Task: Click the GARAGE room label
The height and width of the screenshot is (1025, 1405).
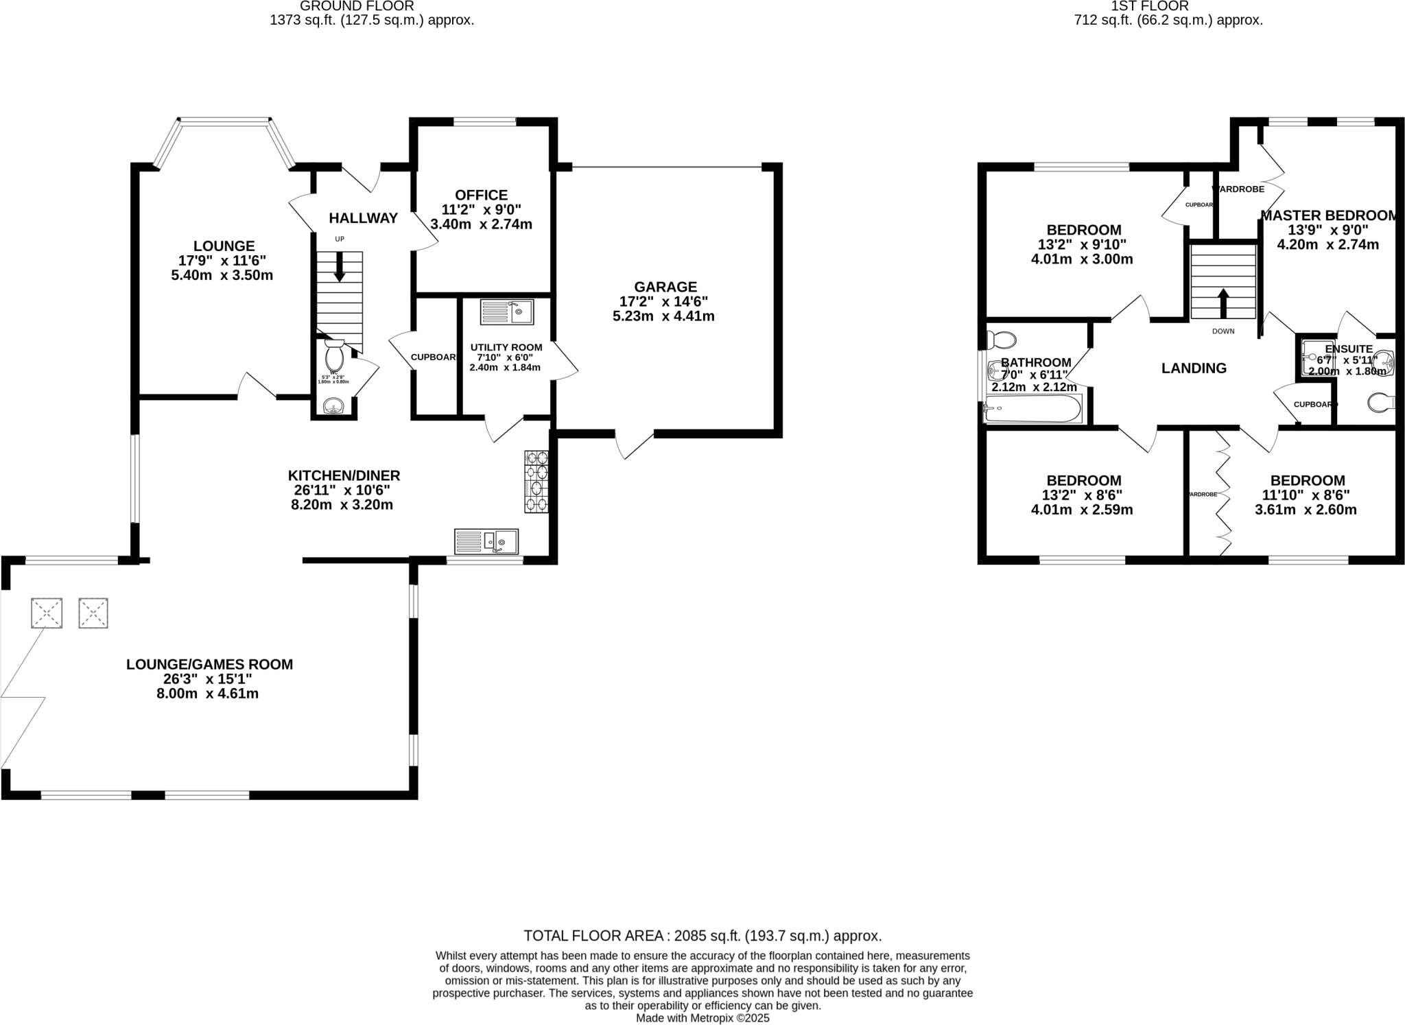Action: coord(665,287)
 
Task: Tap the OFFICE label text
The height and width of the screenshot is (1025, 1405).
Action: coord(482,195)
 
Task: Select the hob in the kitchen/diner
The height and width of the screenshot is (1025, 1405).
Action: coord(536,482)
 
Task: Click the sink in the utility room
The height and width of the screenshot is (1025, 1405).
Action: coord(507,312)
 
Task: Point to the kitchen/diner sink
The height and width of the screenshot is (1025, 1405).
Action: coord(486,542)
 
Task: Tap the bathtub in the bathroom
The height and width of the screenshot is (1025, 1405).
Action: coord(1033,410)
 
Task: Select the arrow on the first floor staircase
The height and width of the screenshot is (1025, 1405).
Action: coord(1223,303)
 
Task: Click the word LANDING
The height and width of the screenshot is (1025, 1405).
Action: coord(1194,368)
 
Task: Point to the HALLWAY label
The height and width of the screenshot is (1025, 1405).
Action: coord(363,218)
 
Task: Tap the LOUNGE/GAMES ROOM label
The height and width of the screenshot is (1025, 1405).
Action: coord(209,664)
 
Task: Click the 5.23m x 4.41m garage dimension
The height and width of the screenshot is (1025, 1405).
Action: coord(663,316)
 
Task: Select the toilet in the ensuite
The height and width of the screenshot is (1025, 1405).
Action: coord(1380,403)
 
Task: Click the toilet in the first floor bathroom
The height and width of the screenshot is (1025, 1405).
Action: coord(1001,340)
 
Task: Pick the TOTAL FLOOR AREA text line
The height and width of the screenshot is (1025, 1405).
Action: coord(702,936)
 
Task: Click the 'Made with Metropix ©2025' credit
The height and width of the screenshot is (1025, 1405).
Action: coord(702,1018)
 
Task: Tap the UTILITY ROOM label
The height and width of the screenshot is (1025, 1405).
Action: coord(506,347)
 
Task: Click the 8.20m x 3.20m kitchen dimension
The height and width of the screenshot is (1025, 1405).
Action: coord(342,505)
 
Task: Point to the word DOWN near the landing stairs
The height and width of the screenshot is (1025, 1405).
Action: coord(1223,331)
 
